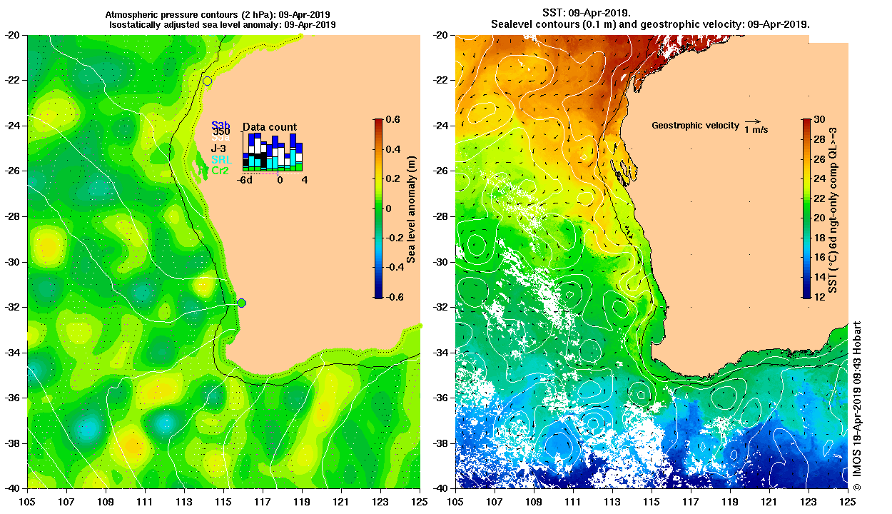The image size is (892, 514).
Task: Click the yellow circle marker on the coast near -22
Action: (207, 81)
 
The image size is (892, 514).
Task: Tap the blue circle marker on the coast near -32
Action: (241, 303)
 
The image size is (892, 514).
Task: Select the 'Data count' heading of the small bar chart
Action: (270, 127)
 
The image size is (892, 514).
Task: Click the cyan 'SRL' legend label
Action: (221, 160)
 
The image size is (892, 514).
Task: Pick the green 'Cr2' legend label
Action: (220, 171)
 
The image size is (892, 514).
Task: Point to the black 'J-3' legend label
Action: (218, 148)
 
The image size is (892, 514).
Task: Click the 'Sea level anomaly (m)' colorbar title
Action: (411, 208)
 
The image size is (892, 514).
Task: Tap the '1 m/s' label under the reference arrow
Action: (756, 130)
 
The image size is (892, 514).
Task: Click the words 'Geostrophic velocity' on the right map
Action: (695, 126)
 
